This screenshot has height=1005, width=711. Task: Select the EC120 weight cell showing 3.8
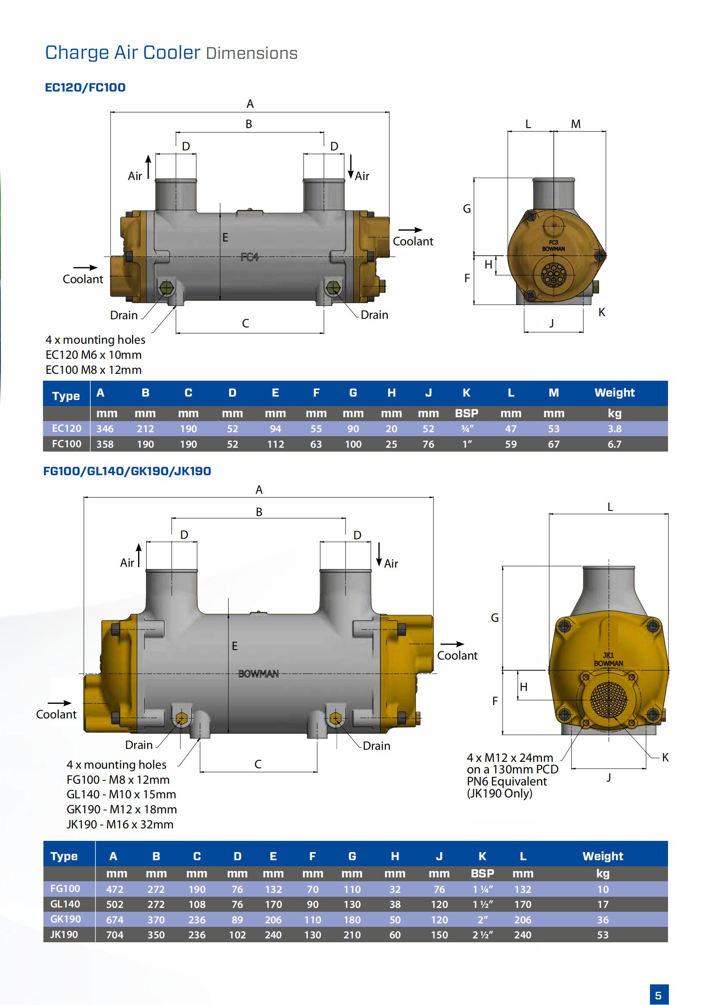(x=614, y=428)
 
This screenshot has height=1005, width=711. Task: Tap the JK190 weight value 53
(x=603, y=935)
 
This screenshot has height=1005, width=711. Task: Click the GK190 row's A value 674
(x=115, y=919)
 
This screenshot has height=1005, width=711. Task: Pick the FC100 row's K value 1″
(x=467, y=444)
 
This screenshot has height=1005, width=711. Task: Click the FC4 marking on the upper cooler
(x=250, y=257)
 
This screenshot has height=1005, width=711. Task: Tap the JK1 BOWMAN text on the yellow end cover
(x=609, y=659)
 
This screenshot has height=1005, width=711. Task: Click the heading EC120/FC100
(x=86, y=88)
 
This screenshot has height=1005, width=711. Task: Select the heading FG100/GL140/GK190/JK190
(x=127, y=471)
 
